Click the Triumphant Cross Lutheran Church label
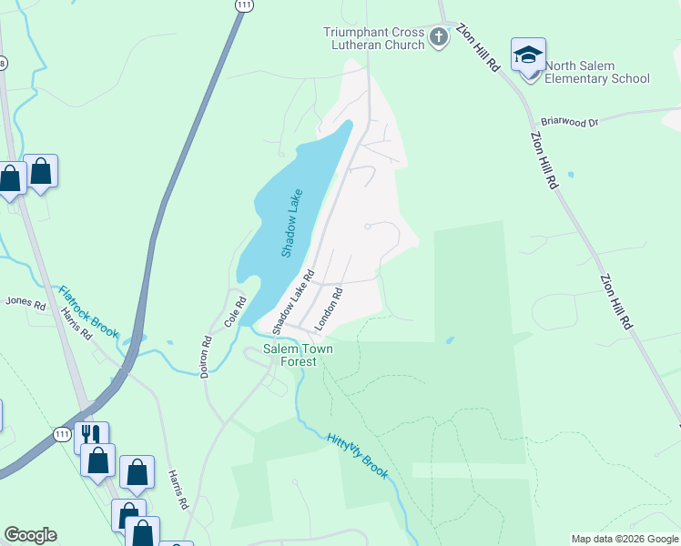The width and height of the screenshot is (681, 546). coord(374,38)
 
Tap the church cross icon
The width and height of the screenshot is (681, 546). coord(440,38)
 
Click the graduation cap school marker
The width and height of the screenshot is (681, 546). coord(528,56)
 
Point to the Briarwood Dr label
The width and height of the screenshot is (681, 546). coord(569,121)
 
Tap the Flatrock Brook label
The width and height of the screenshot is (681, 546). coord(88,312)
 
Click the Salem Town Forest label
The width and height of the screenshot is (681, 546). coord(298,355)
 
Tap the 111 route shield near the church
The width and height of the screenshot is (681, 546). coord(243,5)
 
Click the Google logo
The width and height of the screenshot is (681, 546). coord(30,535)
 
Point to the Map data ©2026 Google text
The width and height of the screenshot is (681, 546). coord(624,539)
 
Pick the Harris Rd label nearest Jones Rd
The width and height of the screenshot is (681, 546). coord(76,322)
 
